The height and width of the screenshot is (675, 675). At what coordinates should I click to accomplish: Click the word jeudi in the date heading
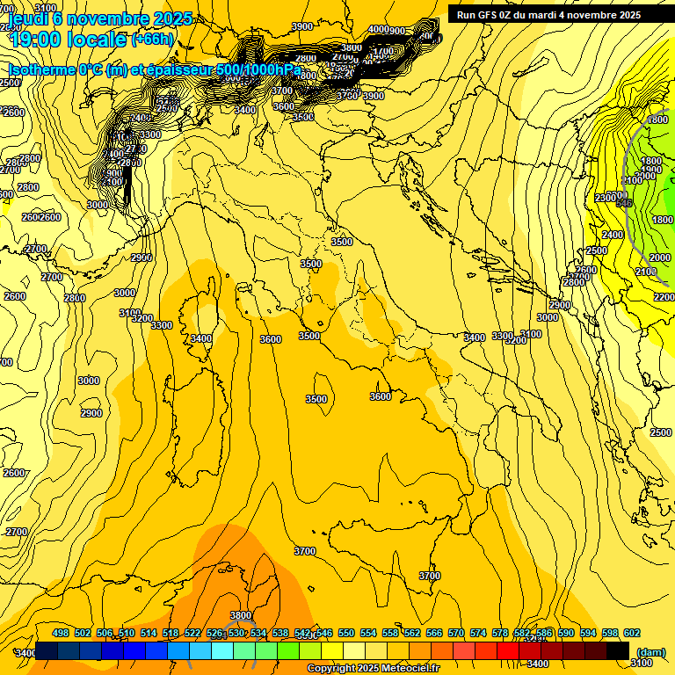tap(25, 18)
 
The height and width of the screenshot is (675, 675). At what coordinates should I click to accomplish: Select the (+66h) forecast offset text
tap(151, 40)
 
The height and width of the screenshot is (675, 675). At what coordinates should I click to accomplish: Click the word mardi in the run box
tap(554, 15)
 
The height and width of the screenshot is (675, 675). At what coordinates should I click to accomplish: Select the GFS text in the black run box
tap(488, 15)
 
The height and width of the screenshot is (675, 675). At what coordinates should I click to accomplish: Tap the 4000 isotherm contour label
tap(378, 30)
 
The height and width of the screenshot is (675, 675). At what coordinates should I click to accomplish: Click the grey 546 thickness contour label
tap(624, 203)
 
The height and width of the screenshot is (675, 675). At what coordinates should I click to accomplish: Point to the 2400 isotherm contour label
tap(613, 235)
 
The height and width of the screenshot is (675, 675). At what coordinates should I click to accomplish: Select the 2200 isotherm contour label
tap(664, 297)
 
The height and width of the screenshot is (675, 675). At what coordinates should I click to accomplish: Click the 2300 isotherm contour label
tap(606, 199)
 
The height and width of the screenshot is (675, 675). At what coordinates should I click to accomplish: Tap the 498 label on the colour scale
tap(61, 633)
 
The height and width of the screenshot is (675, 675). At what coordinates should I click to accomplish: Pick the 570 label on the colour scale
tap(456, 633)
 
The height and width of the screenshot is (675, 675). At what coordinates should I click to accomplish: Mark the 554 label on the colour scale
tap(368, 633)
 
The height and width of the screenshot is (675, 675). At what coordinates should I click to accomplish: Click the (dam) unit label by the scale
tap(650, 651)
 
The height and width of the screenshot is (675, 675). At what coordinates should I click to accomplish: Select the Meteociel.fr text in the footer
tap(420, 669)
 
